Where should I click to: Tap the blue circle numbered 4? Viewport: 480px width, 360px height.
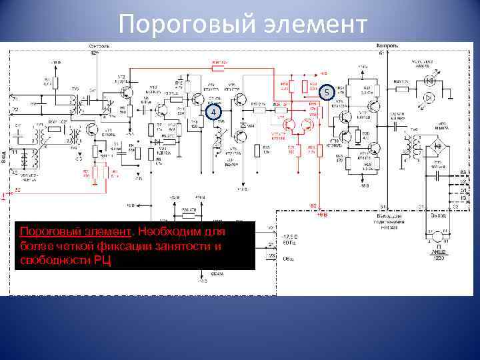pos(213,113)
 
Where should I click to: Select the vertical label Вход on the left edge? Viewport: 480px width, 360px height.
pos(5,159)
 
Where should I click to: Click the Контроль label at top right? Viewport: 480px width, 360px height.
pos(388,45)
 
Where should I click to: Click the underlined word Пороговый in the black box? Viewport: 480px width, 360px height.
pos(46,232)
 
